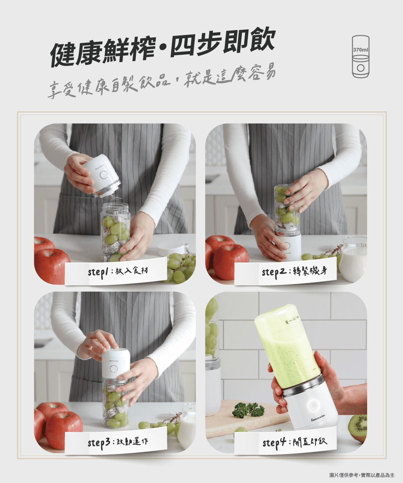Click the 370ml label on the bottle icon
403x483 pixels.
point(361,50)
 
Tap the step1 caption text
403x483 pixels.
point(118,271)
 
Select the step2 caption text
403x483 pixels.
point(295,271)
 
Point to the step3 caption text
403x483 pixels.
point(118,442)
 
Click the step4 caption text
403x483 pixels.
point(295,442)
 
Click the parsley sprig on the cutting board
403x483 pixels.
point(248,410)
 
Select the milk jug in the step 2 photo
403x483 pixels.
point(353,259)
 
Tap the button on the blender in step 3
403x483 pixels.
point(114,368)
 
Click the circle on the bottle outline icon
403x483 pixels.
point(361,68)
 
